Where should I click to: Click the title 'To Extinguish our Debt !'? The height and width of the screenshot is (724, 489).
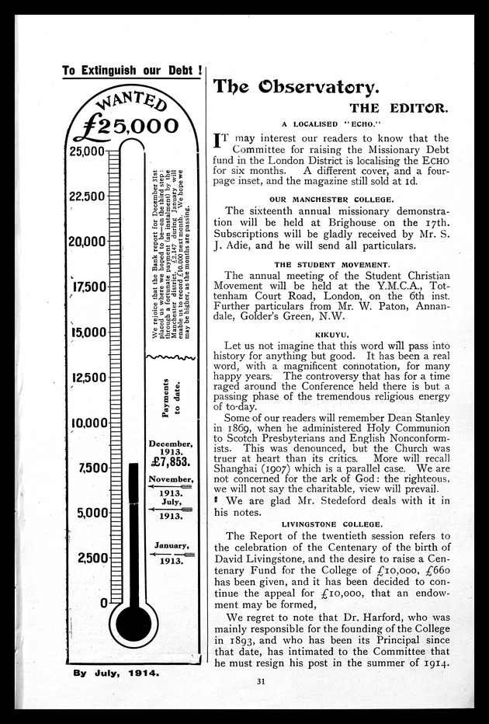(x=132, y=70)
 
